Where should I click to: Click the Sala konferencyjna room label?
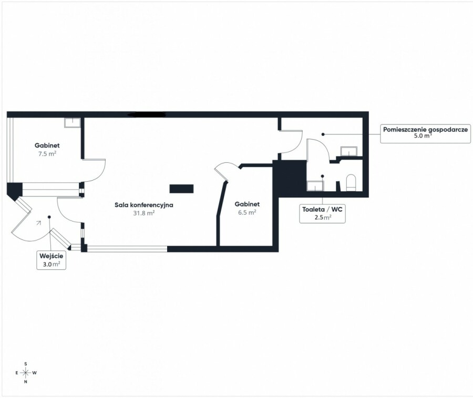[144, 205]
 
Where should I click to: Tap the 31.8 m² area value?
[144, 213]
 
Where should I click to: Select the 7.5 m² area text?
[47, 154]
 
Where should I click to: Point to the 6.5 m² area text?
[247, 212]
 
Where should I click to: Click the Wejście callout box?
[52, 260]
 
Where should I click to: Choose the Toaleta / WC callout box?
[323, 214]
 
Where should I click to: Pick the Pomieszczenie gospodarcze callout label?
[425, 133]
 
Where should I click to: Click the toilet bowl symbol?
[351, 183]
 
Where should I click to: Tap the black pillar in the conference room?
[181, 189]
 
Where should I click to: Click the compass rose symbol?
[26, 373]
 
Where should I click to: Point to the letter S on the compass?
[26, 364]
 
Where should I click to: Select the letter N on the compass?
[26, 382]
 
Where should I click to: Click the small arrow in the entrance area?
[38, 223]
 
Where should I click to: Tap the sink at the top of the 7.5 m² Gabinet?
[73, 123]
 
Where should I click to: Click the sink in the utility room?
[349, 151]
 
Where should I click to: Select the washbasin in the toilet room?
[315, 186]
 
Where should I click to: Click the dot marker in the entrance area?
[49, 217]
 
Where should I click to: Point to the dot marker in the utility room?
[323, 134]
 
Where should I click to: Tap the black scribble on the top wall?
[147, 114]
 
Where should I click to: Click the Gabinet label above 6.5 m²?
[247, 204]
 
